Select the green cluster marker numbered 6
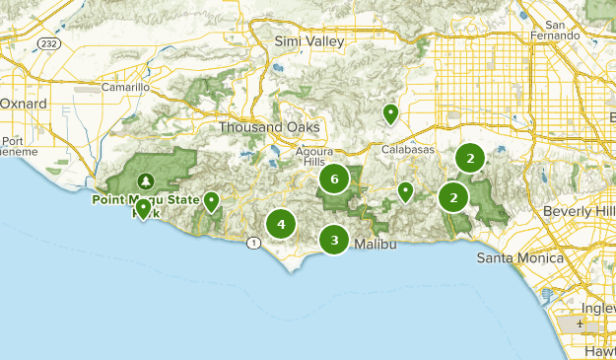[335, 179]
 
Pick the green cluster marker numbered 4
[281, 224]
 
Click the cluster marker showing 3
[335, 240]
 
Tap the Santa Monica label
[519, 258]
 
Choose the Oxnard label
[23, 103]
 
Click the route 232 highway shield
[49, 44]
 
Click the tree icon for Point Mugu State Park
[147, 180]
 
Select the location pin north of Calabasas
[390, 113]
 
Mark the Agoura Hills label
[315, 157]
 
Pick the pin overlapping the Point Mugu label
[143, 208]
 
